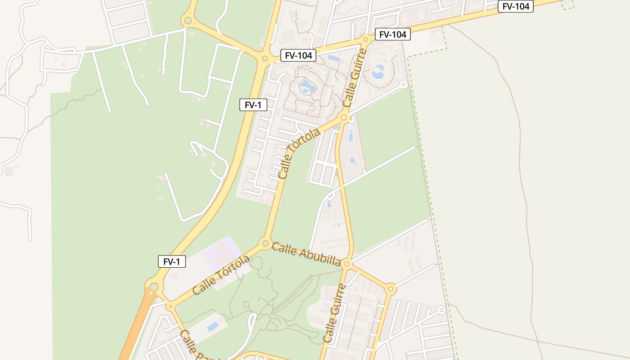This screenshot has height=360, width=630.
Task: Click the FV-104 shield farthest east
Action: pyautogui.click(x=515, y=6)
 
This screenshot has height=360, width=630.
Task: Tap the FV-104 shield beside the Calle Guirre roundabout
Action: pyautogui.click(x=392, y=34)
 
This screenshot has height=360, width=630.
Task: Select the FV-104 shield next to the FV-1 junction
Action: pyautogui.click(x=298, y=55)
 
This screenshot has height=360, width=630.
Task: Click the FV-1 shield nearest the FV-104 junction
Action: pyautogui.click(x=253, y=105)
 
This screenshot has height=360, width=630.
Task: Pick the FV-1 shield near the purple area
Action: pyautogui.click(x=171, y=261)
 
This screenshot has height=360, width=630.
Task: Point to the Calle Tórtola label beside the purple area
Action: pyautogui.click(x=221, y=275)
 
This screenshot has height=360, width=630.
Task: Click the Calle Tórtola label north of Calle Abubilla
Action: pyautogui.click(x=299, y=153)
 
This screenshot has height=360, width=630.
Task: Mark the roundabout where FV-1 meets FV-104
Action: pyautogui.click(x=265, y=58)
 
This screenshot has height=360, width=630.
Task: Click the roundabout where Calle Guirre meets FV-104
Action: pyautogui.click(x=365, y=40)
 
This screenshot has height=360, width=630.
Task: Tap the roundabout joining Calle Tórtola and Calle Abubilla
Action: pyautogui.click(x=265, y=243)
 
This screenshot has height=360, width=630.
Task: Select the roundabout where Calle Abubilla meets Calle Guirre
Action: pyautogui.click(x=346, y=264)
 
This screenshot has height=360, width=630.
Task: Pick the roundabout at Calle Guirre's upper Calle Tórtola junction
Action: pyautogui.click(x=344, y=118)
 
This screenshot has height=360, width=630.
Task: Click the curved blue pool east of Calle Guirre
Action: pyautogui.click(x=378, y=71)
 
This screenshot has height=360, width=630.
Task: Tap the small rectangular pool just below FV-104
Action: pyautogui.click(x=334, y=58)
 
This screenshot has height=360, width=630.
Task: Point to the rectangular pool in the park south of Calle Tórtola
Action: pyautogui.click(x=213, y=326)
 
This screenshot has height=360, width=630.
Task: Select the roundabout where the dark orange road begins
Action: pyautogui.click(x=154, y=287)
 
